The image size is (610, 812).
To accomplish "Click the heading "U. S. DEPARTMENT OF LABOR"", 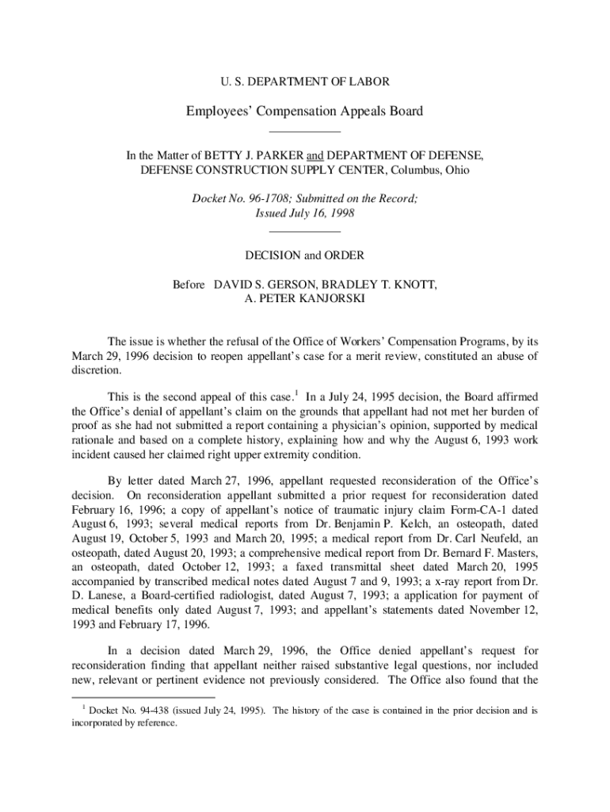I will (x=304, y=81).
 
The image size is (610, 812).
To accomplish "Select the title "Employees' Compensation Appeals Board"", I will (x=305, y=111).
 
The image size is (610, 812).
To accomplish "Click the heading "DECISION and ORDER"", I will (x=305, y=255).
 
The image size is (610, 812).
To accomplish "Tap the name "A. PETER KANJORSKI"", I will (x=305, y=299).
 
